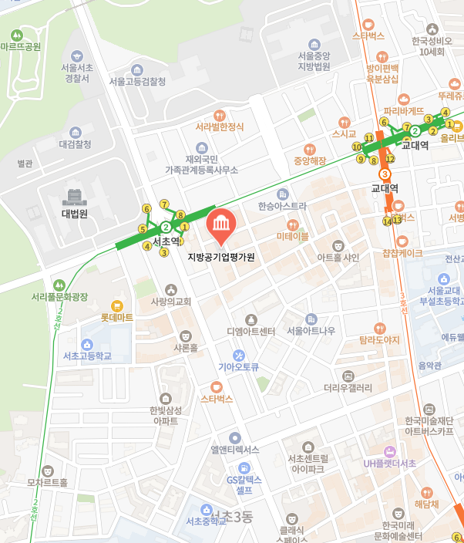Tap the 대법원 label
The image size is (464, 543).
75,214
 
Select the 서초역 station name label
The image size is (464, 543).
166,241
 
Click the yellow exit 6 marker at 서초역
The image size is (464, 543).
146,209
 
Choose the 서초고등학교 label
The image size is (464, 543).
87,356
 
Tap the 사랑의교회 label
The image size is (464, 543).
171,301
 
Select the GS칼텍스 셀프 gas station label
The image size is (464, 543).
244,484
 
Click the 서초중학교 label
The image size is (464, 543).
207,521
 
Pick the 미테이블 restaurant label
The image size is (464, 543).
293,236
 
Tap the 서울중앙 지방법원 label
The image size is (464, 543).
314,61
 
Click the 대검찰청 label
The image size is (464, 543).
76,144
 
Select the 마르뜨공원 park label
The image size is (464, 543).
21,46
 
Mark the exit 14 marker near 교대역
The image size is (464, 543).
387,221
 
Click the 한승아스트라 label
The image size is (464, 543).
282,206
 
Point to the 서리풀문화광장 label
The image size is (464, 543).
60,296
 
